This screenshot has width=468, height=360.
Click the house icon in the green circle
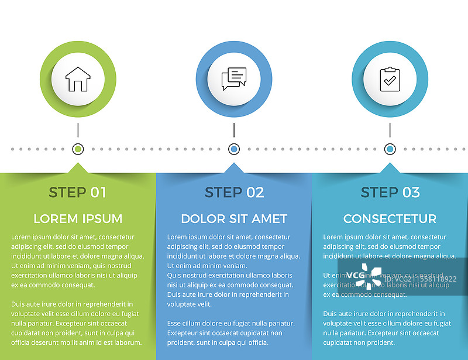(78, 79)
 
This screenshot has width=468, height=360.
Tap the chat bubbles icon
(234, 79)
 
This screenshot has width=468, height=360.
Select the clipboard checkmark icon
(390, 79)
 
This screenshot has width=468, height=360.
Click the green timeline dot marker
(78, 149)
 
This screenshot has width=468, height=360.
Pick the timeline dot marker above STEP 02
(234, 149)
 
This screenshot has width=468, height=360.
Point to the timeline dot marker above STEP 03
(390, 149)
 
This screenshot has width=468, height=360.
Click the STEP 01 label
(78, 192)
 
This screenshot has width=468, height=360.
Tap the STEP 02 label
(234, 192)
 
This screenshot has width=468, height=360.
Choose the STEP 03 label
(390, 192)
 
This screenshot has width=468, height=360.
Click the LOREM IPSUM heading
(78, 219)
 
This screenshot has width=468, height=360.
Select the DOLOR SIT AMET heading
(234, 219)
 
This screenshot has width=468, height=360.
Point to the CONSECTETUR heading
(390, 219)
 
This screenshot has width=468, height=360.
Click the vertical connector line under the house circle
(78, 131)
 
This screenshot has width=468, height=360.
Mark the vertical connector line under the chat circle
(234, 131)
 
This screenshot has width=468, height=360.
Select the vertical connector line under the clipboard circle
(390, 131)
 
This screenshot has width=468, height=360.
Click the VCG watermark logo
(364, 276)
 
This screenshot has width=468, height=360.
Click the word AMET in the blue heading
(270, 219)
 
